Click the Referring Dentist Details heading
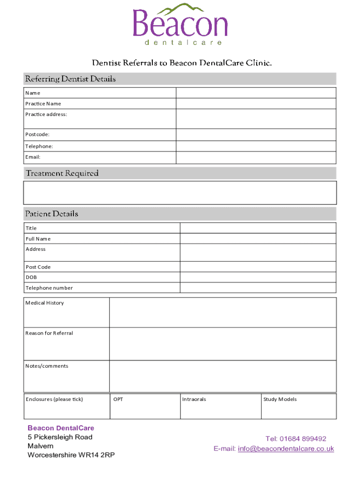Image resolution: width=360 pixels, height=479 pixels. coord(71,79)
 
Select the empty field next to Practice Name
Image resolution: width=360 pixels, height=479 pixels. coord(256,103)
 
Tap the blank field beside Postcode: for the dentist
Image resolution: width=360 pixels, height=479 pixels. coord(256,135)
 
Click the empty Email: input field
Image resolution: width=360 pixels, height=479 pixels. coord(256,157)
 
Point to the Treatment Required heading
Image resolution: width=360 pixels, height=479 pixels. coord(62,174)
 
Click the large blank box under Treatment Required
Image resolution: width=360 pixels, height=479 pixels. coord(180,193)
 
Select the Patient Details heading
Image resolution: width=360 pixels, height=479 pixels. coord(52,214)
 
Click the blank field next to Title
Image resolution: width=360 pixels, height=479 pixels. coord(258,228)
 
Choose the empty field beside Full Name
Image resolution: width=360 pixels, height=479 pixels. coord(258,239)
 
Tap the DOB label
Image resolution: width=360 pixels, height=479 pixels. coord(31,277)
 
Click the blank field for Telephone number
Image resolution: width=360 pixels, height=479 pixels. coord(258,288)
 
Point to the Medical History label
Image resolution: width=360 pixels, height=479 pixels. coord(45,303)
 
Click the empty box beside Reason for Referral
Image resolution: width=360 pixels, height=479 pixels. coord(223,344)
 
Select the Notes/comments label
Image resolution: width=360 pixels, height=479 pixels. coord(47,366)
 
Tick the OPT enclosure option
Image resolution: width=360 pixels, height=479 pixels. coord(144,406)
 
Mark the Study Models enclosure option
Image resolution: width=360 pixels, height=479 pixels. coord(298,406)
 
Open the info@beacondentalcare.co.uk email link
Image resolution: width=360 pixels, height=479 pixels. coord(286,449)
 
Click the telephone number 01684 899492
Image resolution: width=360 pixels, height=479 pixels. coord(302,439)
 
